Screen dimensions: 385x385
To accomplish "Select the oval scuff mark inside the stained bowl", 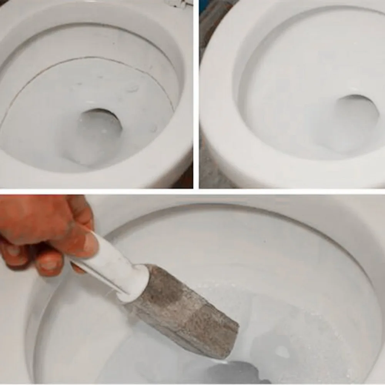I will (133, 89).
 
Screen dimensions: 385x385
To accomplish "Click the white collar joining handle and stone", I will (135, 283).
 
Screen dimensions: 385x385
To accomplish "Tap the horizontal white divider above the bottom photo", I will (192, 191).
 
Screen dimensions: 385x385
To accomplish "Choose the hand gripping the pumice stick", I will (42, 231).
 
